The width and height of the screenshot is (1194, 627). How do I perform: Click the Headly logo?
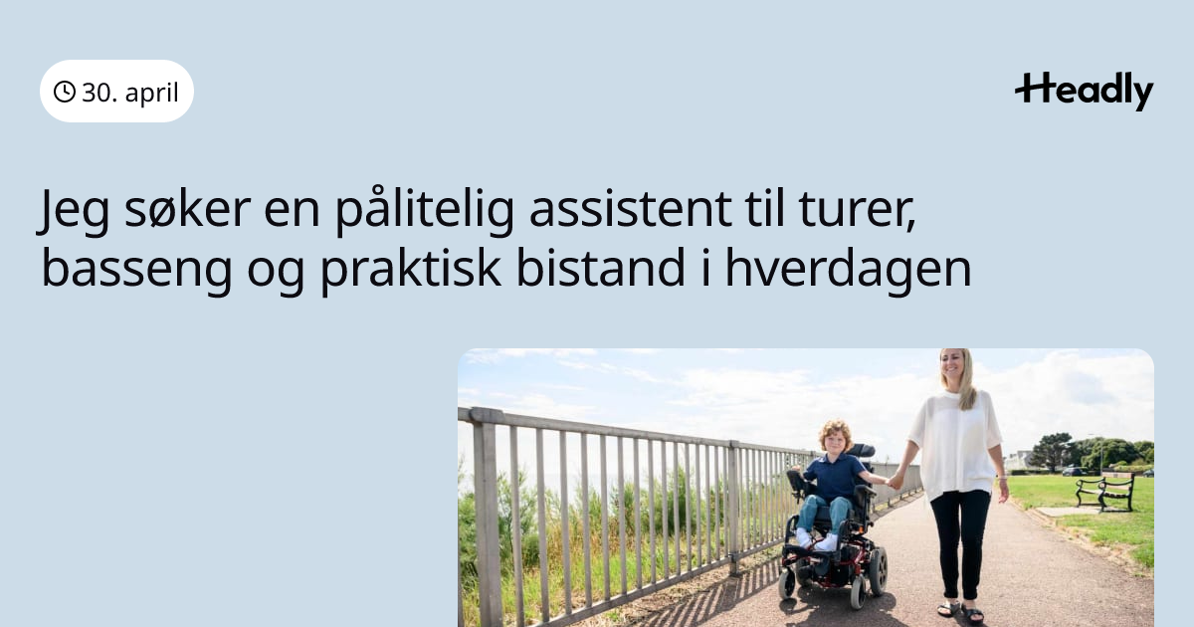pyautogui.click(x=1085, y=92)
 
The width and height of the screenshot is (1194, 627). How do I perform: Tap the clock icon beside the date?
pyautogui.click(x=65, y=92)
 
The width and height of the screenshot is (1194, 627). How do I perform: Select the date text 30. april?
pyautogui.click(x=130, y=93)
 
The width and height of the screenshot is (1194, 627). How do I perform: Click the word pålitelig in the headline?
pyautogui.click(x=425, y=209)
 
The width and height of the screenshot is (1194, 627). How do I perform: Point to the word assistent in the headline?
pyautogui.click(x=630, y=209)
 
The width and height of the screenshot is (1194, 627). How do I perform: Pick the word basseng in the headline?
pyautogui.click(x=136, y=270)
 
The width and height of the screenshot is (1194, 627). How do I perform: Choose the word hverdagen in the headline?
pyautogui.click(x=848, y=270)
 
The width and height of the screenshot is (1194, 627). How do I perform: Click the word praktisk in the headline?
pyautogui.click(x=410, y=270)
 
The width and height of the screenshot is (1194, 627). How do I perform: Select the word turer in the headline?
pyautogui.click(x=856, y=209)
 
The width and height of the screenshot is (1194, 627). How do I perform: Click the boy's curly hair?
pyautogui.click(x=835, y=431)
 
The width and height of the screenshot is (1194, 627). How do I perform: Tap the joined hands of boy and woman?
pyautogui.click(x=895, y=481)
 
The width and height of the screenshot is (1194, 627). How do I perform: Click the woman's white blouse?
pyautogui.click(x=954, y=443)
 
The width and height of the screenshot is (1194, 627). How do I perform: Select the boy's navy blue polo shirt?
pyautogui.click(x=835, y=477)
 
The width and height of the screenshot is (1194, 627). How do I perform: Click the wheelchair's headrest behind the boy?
pyautogui.click(x=861, y=451)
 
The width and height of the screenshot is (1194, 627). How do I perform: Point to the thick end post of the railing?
pyautogui.click(x=487, y=518)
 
